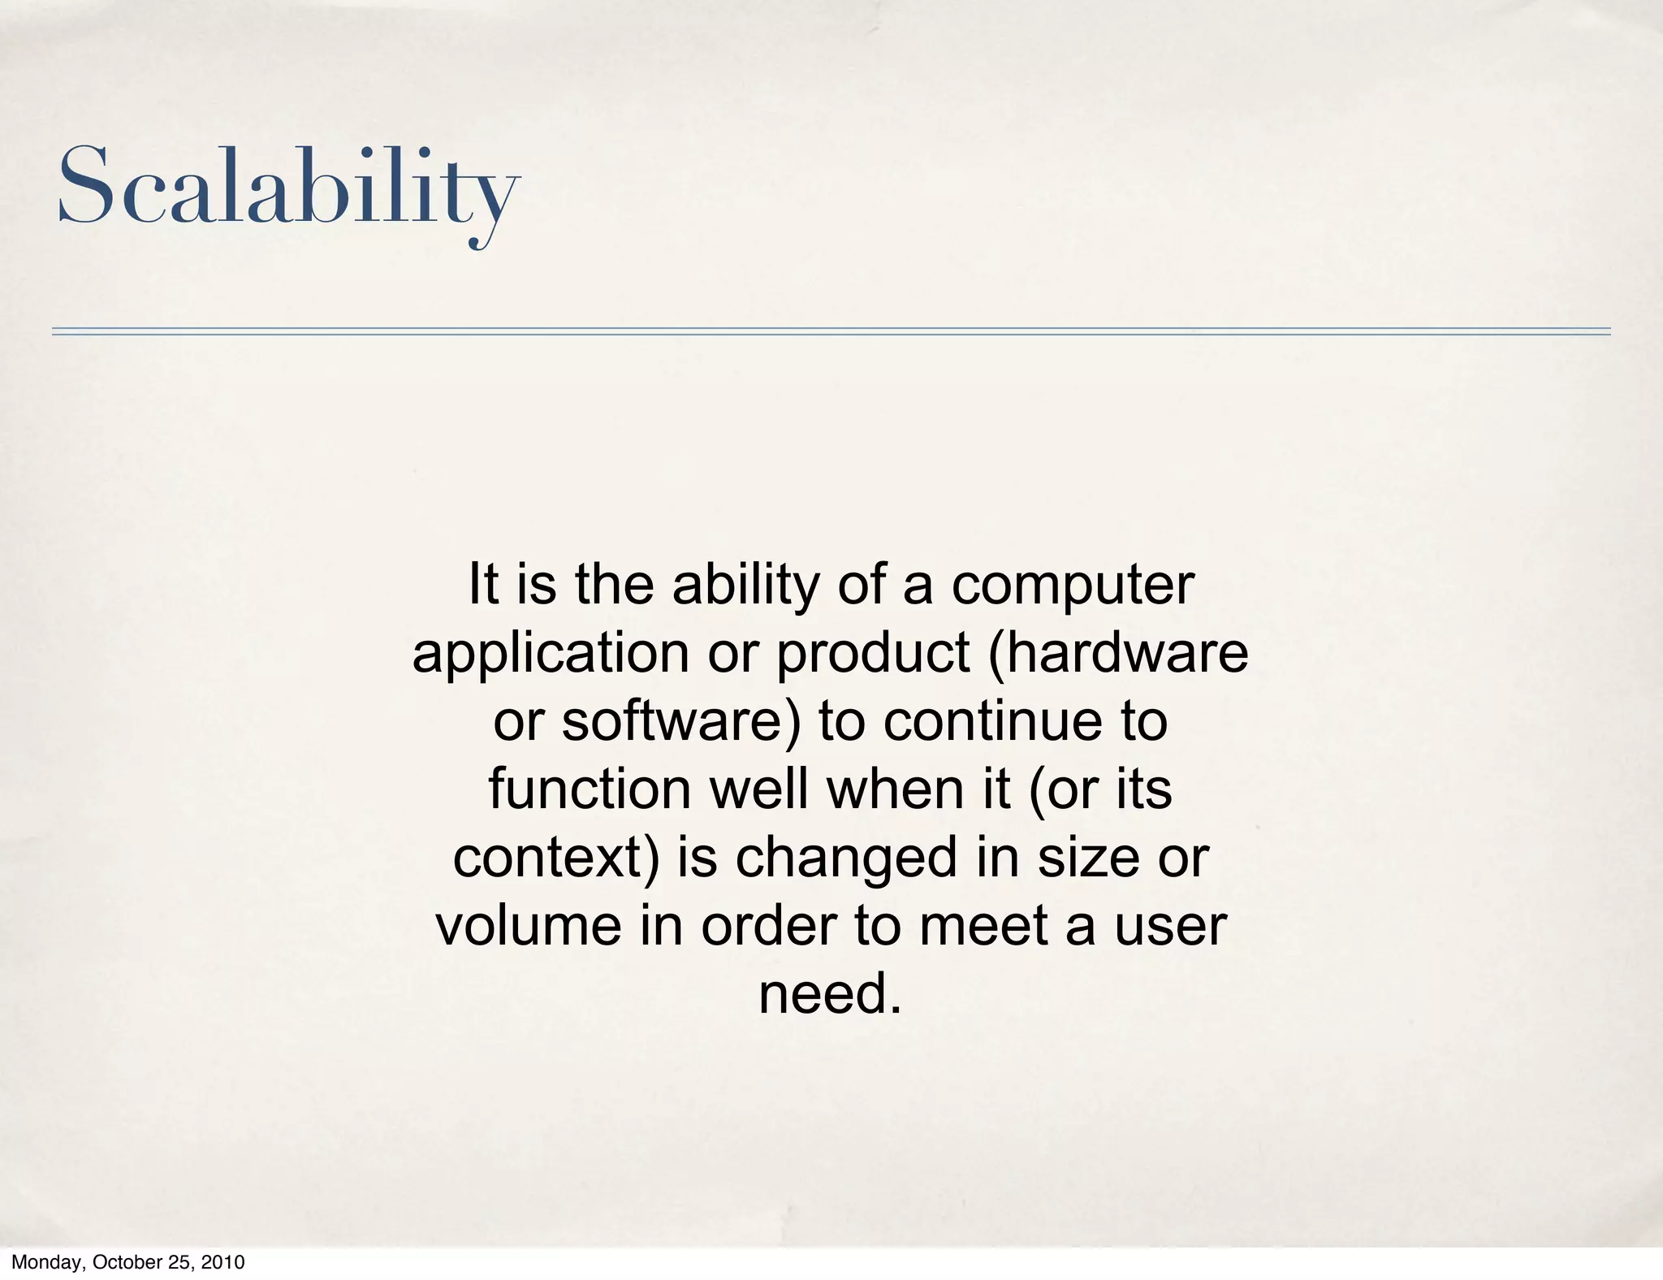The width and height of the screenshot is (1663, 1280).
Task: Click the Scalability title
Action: (x=287, y=187)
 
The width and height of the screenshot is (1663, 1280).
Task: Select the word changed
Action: (x=847, y=858)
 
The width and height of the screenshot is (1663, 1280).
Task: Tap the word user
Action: (x=1168, y=925)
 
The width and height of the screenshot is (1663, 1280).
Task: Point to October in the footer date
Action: (x=126, y=1263)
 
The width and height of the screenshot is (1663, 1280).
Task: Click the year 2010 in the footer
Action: (x=223, y=1263)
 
